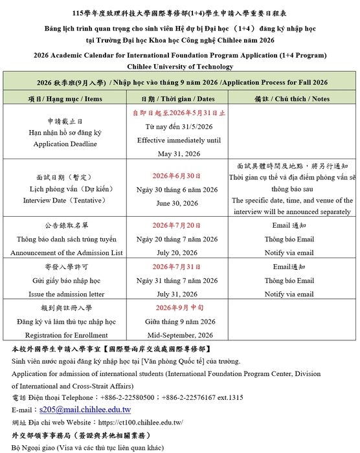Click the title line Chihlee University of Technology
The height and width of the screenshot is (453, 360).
pyautogui.click(x=180, y=67)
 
